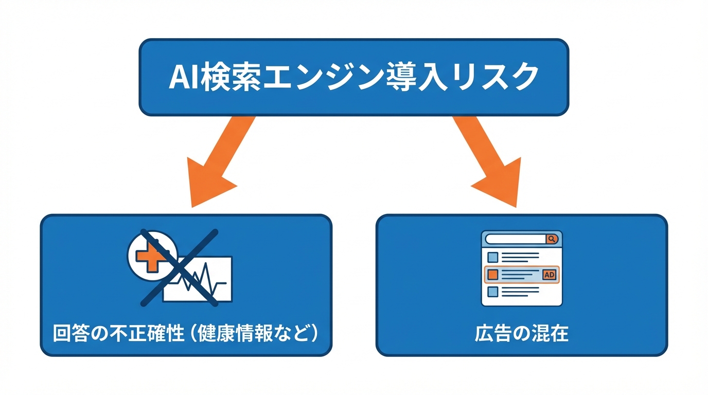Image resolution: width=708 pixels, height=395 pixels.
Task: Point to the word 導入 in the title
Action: [x=406, y=78]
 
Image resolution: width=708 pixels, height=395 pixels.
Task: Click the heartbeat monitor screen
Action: [x=206, y=280]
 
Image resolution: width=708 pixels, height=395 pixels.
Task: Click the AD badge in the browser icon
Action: [x=550, y=275]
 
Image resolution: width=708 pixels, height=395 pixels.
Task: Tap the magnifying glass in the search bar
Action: [x=551, y=239]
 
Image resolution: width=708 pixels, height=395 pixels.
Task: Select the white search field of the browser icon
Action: [x=515, y=239]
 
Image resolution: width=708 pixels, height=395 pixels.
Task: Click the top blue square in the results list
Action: [x=493, y=257]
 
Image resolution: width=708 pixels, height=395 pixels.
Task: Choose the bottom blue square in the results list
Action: [x=493, y=292]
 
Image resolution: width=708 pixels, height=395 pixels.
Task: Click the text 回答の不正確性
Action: [x=119, y=334]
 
